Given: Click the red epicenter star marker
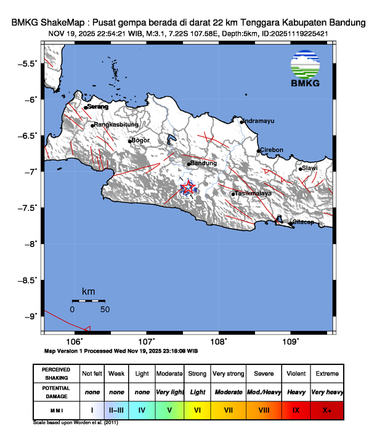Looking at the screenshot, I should click(187, 188).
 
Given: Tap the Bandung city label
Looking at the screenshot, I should click(204, 163).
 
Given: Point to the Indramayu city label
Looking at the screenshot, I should click(257, 121).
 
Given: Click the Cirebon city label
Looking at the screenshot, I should click(272, 150).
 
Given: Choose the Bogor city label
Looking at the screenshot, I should click(141, 141).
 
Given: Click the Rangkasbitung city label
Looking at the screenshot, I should click(115, 125).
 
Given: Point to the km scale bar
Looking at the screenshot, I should click(88, 300).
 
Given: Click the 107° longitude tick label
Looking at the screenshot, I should click(146, 341).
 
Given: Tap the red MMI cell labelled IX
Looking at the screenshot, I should click(296, 409).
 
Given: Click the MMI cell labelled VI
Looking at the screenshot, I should click(197, 409).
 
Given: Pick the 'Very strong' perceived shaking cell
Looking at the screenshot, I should click(228, 374).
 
